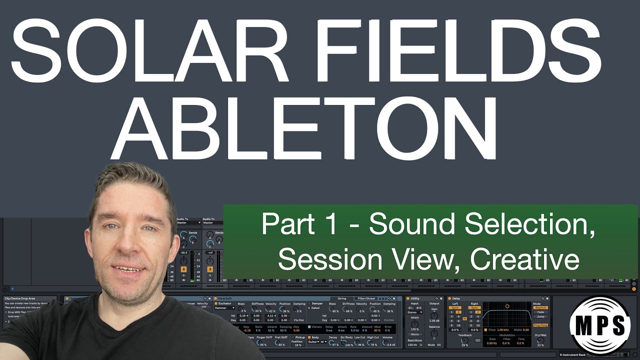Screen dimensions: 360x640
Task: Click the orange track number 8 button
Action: (183, 269)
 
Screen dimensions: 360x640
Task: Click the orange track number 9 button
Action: (210, 269)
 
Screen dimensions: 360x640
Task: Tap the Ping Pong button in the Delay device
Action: (540, 325)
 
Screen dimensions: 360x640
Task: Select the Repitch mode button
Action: (540, 308)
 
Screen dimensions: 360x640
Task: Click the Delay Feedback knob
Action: (464, 340)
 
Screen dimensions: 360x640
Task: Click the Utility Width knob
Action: (414, 324)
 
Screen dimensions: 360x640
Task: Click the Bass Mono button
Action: (414, 340)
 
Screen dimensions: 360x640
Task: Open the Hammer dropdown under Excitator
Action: (224, 308)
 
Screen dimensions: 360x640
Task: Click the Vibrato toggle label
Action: (315, 326)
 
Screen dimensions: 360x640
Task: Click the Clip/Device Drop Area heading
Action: (20, 298)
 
